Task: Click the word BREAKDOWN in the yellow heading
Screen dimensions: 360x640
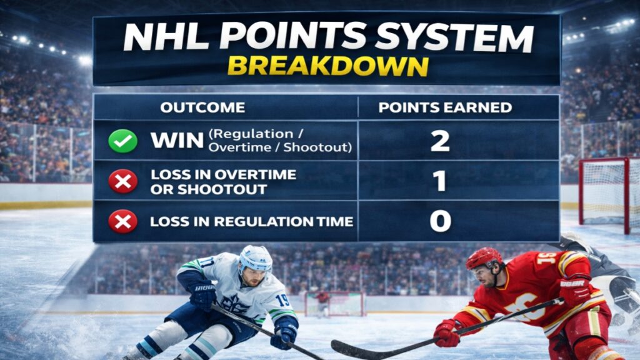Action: tap(327, 66)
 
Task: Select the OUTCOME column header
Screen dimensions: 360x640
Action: tap(202, 107)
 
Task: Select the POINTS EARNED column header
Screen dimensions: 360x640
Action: tap(445, 107)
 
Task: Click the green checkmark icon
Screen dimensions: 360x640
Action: tap(123, 141)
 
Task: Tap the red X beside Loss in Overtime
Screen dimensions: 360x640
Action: tap(123, 181)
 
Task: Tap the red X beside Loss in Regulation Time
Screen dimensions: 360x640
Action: tap(123, 221)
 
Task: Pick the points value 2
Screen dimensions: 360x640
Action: tap(440, 141)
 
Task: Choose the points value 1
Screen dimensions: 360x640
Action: tap(440, 181)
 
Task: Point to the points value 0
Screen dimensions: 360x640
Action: tap(440, 221)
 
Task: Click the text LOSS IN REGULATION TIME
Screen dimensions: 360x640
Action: tap(251, 221)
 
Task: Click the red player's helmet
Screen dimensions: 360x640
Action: tap(484, 258)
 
